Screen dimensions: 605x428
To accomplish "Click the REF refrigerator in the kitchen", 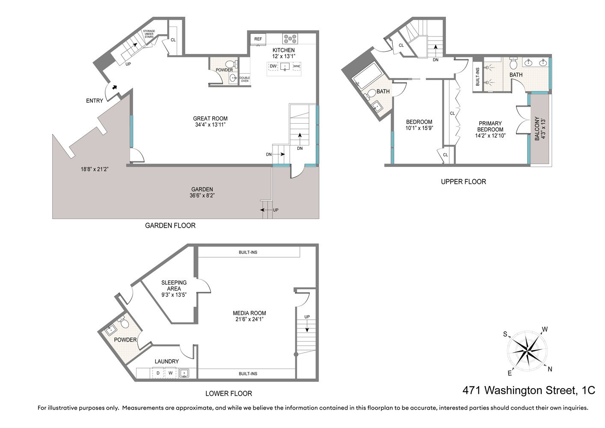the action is [x=258, y=39].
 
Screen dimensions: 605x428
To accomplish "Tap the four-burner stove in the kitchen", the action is [x=290, y=39].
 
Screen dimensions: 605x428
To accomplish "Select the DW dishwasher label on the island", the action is [x=273, y=66].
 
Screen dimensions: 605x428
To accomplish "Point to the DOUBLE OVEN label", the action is [x=245, y=80].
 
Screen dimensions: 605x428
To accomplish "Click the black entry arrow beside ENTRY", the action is [x=115, y=87].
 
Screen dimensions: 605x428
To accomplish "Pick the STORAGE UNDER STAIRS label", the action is [x=149, y=34].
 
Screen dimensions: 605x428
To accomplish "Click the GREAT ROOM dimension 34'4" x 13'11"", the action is [x=210, y=125].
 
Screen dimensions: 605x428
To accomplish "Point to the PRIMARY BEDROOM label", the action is [x=490, y=126].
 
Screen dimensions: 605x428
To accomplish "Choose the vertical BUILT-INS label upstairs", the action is [x=477, y=77].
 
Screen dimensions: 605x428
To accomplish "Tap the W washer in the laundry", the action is [x=170, y=373].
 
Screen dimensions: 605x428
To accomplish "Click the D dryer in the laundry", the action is [x=158, y=373].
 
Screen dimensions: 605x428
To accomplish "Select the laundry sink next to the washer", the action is [x=184, y=373].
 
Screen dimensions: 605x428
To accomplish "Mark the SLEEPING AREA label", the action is [x=174, y=285].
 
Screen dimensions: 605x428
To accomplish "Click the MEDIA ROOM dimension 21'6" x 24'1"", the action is [x=249, y=319].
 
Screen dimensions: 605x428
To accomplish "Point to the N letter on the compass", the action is [x=550, y=369].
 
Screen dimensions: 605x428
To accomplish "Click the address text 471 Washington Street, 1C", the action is [x=529, y=390].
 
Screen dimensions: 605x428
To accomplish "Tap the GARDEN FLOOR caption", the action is [x=170, y=226].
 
